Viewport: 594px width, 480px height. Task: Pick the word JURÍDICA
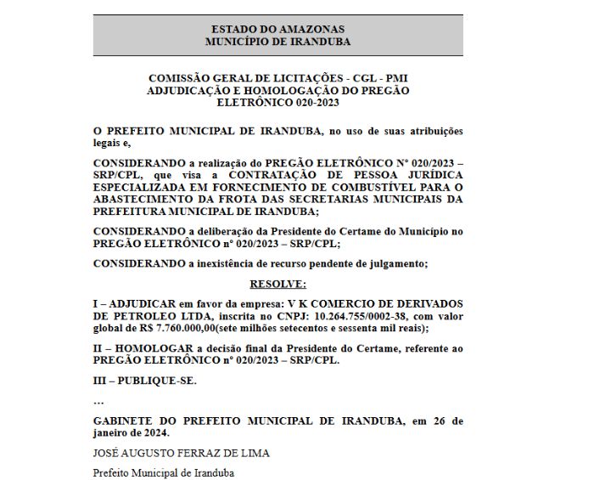click(x=429, y=175)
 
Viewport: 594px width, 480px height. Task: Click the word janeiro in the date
click(x=114, y=432)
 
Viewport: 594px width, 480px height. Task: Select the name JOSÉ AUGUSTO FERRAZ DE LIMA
click(x=181, y=453)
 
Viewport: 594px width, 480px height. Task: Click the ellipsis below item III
click(x=98, y=401)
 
